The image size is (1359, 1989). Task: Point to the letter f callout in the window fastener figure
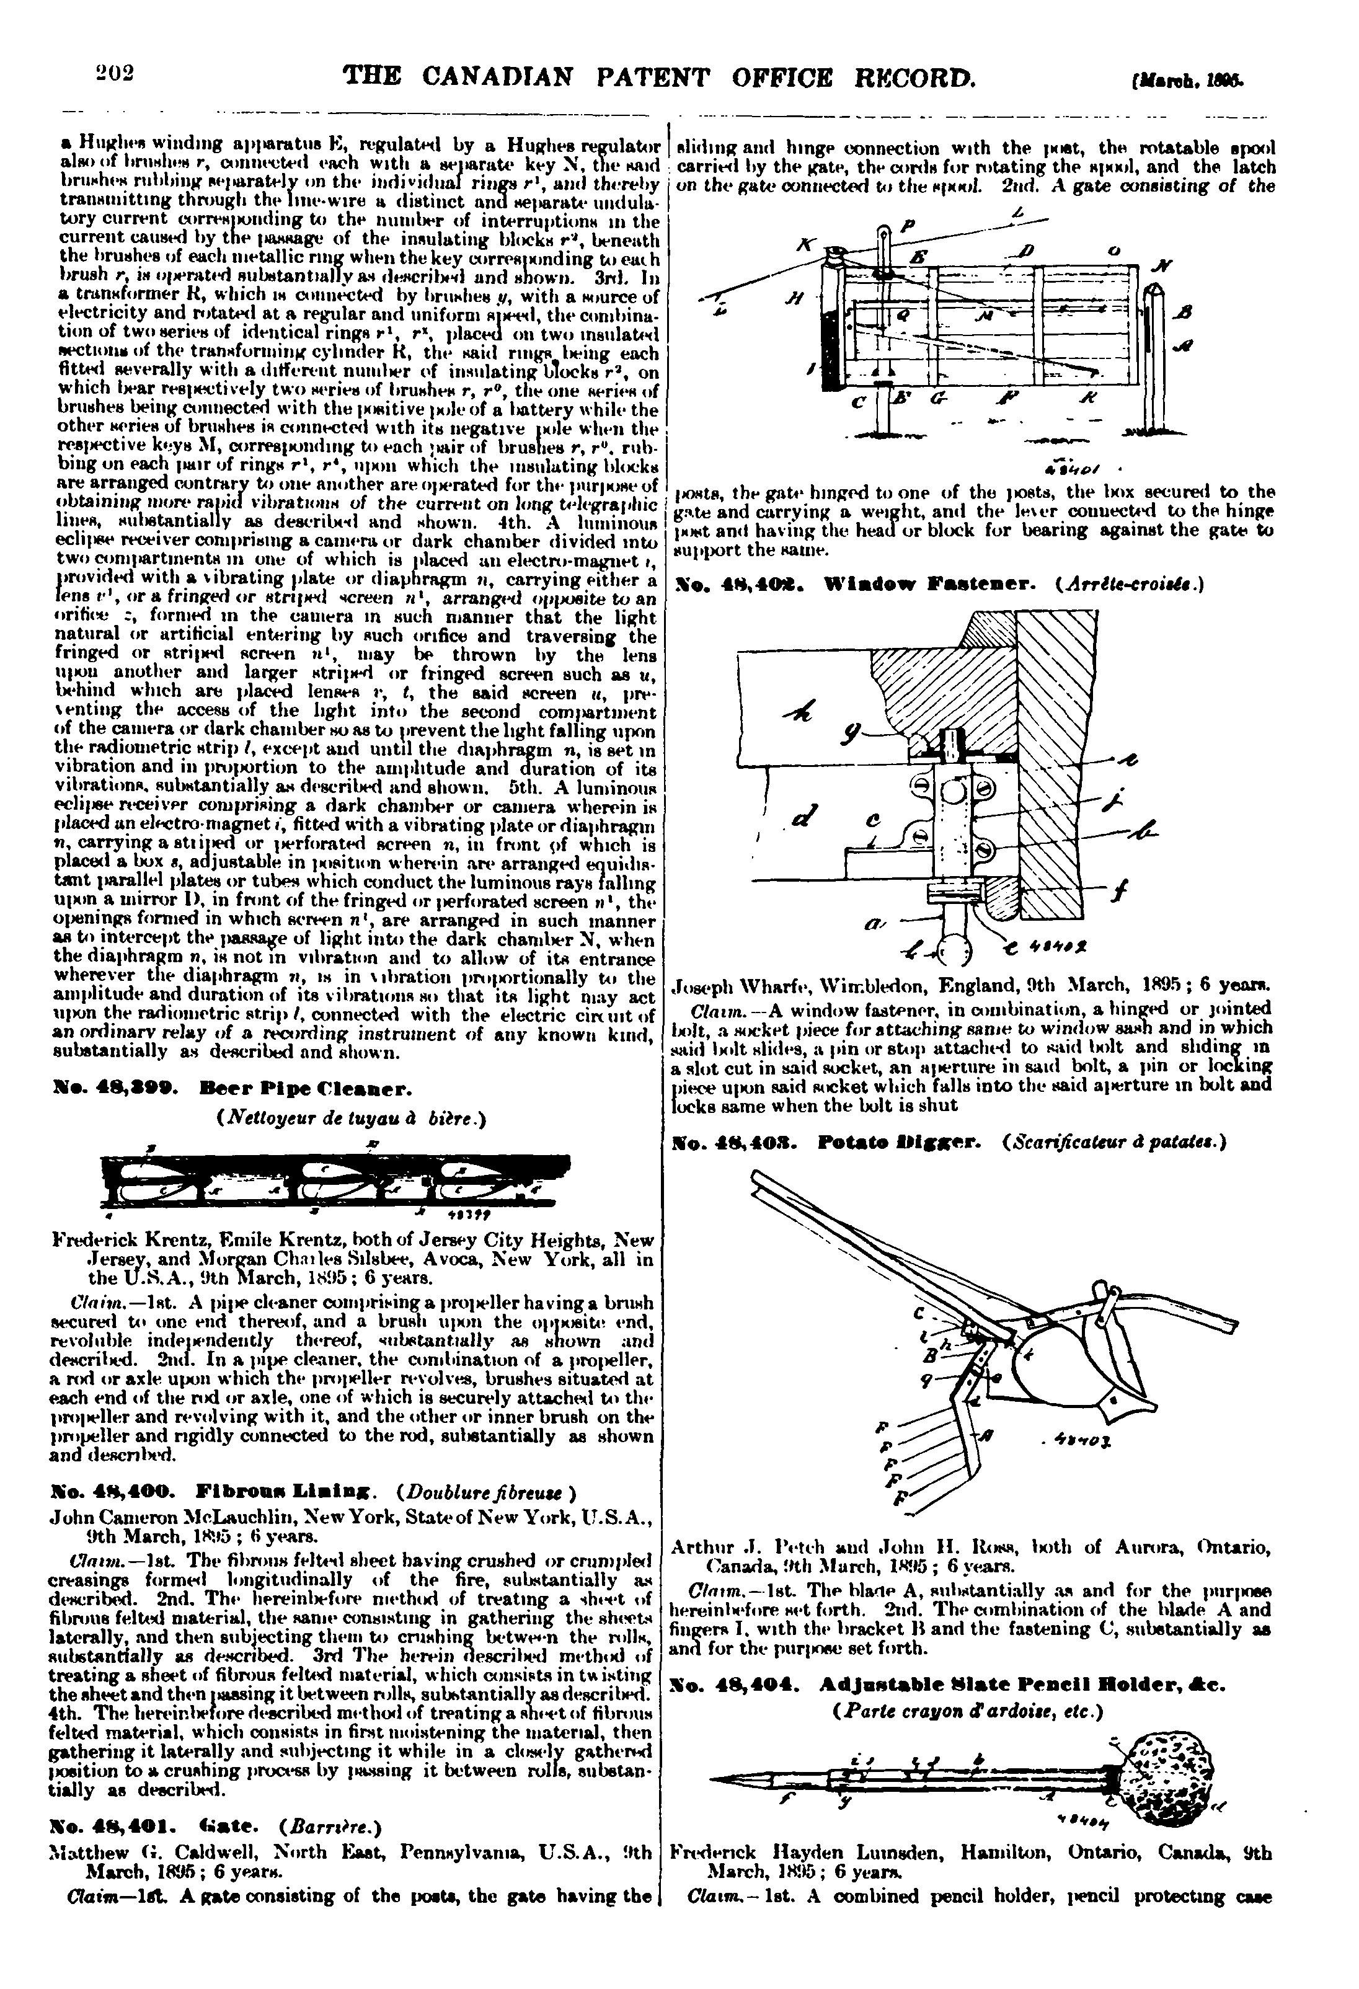1118,893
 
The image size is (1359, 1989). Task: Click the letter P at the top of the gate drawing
909,227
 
